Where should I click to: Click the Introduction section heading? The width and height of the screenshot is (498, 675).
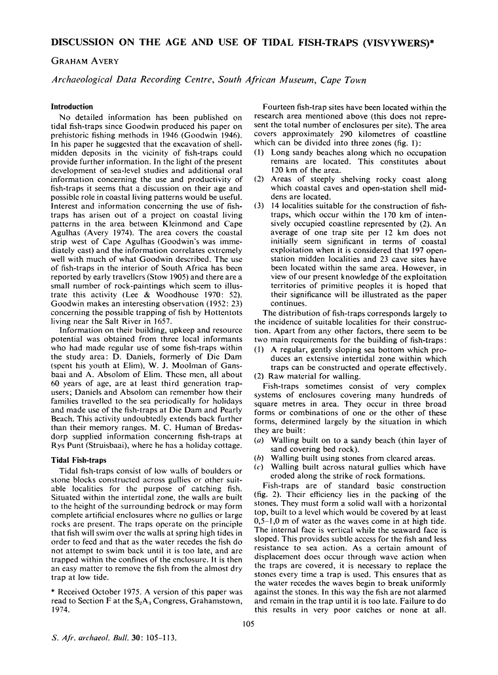pos(71,107)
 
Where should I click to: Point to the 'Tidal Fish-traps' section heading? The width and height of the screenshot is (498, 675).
pos(79,460)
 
